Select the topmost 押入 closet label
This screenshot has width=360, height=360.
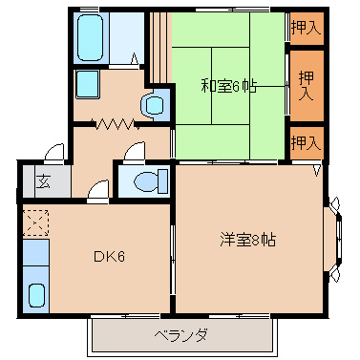(307, 28)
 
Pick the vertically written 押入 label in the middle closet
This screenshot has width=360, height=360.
(307, 87)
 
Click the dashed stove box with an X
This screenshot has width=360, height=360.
(35, 223)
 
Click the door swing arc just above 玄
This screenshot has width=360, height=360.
(55, 153)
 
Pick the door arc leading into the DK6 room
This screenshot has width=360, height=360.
(96, 190)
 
